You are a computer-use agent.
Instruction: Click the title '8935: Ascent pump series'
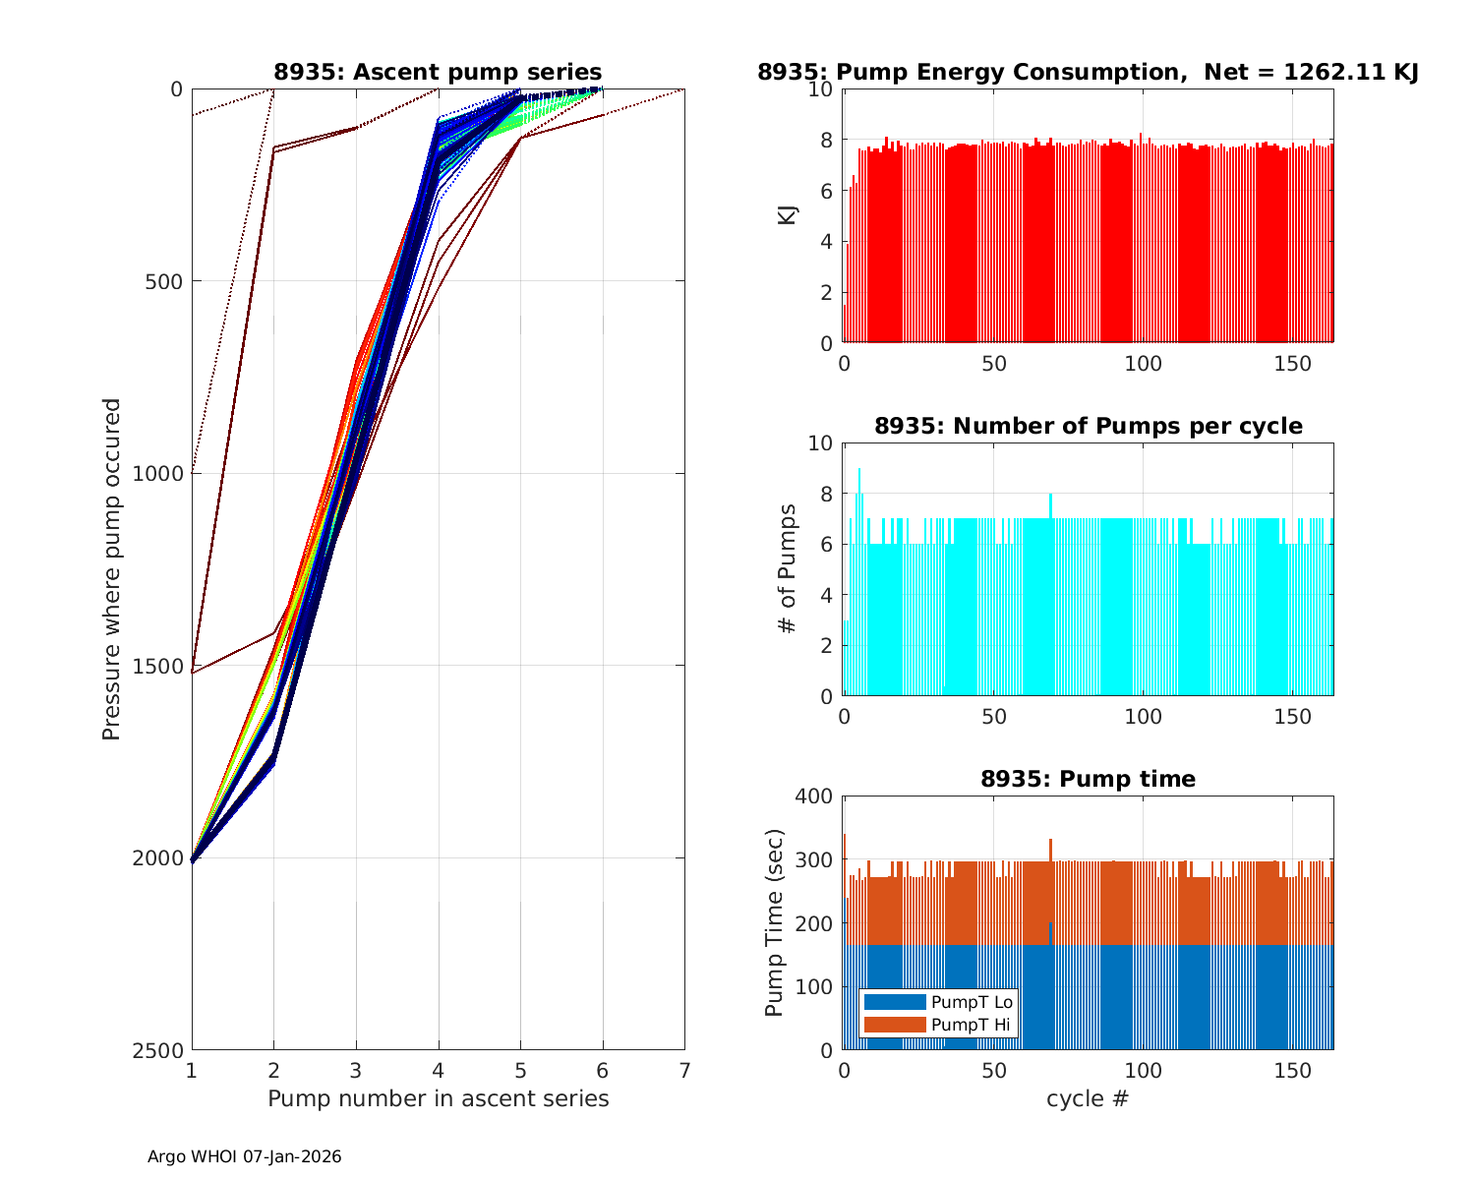pyautogui.click(x=438, y=72)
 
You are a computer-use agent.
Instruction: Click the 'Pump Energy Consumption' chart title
pyautogui.click(x=1088, y=72)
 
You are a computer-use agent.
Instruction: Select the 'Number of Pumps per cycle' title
pyautogui.click(x=1088, y=426)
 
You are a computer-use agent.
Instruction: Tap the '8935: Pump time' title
pyautogui.click(x=1088, y=779)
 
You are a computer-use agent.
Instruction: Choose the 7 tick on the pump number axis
pyautogui.click(x=684, y=1070)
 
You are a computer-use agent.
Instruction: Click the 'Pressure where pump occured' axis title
pyautogui.click(x=111, y=569)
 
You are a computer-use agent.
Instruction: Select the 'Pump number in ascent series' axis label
pyautogui.click(x=438, y=1098)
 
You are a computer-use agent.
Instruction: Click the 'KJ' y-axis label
pyautogui.click(x=787, y=215)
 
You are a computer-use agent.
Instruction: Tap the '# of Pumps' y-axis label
pyautogui.click(x=787, y=569)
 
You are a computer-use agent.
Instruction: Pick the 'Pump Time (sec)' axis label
pyautogui.click(x=774, y=922)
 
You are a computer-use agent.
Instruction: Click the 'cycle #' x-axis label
pyautogui.click(x=1088, y=1098)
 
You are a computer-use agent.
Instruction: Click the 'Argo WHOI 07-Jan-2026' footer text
pyautogui.click(x=244, y=1156)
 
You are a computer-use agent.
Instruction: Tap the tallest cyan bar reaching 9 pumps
pyautogui.click(x=859, y=580)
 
